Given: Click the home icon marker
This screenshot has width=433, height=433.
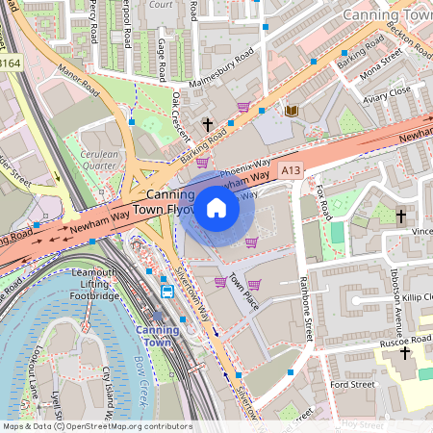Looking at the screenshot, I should click(216, 207).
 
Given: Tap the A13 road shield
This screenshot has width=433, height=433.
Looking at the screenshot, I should click(292, 170).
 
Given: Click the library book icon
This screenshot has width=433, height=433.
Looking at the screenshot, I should click(291, 112).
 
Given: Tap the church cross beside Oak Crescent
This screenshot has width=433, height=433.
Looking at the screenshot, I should click(207, 124).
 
